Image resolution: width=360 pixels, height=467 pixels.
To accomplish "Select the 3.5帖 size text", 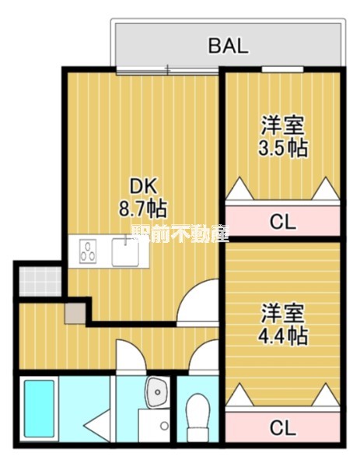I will tap(283, 148).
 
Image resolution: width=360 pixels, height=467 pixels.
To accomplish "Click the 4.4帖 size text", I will tap(283, 335).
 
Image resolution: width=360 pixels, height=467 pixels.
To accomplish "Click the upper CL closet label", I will tap(283, 223).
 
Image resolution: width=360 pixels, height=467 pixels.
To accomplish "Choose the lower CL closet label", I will tap(283, 427).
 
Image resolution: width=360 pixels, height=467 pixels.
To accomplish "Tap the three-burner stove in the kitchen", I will tap(89, 253).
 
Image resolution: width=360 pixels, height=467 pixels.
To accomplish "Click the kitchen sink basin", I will tap(124, 254).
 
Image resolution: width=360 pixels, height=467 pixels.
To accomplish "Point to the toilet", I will tap(199, 413).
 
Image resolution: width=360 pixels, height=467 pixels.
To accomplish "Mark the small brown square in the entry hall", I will tap(74, 313).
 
